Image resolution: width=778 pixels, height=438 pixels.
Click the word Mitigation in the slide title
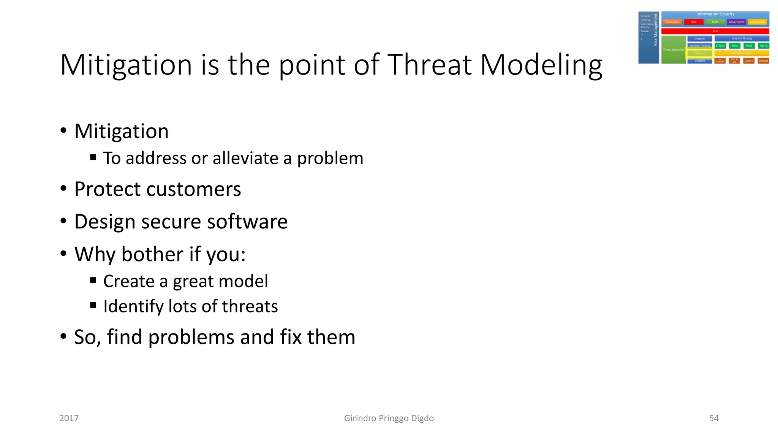click(126, 65)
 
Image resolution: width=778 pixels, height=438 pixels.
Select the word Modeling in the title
click(541, 65)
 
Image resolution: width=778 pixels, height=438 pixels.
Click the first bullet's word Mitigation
click(121, 132)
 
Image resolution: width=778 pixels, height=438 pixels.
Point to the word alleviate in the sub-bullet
click(245, 158)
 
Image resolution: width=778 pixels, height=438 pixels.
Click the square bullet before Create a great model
click(93, 281)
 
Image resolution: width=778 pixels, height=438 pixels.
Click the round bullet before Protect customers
click(63, 189)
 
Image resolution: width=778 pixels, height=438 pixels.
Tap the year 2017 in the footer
click(69, 418)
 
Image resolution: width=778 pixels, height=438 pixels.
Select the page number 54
click(713, 418)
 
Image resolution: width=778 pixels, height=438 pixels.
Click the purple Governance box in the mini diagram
click(736, 22)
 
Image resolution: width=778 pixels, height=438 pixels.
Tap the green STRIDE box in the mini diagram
click(720, 46)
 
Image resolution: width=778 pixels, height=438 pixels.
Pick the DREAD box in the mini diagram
click(763, 61)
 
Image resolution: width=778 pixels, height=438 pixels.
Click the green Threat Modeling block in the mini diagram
click(673, 50)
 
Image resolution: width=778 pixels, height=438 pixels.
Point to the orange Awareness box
click(672, 22)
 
